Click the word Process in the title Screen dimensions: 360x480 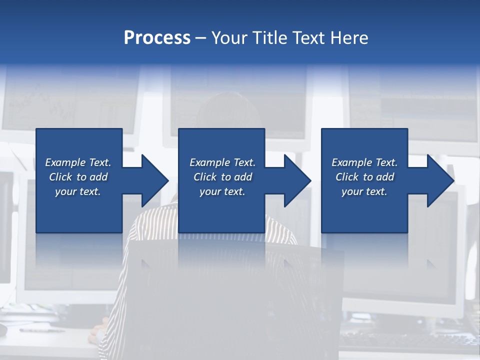[x=157, y=38]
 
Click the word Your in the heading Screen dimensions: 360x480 [x=228, y=38]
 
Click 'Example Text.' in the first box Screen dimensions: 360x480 [x=78, y=162]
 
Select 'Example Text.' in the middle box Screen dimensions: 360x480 [x=222, y=162]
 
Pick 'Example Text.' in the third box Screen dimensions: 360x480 [x=364, y=162]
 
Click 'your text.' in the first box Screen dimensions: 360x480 [x=78, y=191]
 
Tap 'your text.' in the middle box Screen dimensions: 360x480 [x=222, y=191]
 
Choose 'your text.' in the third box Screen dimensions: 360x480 [x=364, y=191]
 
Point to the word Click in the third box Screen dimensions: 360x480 [x=347, y=177]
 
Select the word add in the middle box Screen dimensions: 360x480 [x=243, y=177]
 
